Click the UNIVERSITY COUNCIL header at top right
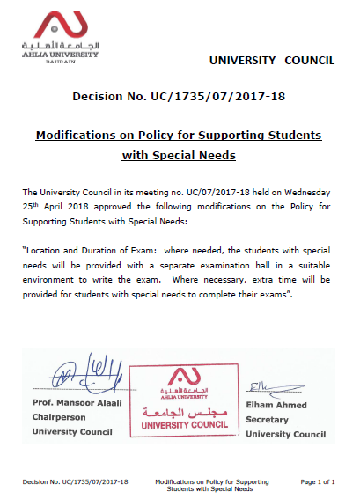click(271, 60)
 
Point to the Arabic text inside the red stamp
click(187, 410)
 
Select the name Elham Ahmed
click(276, 406)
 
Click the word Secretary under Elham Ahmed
click(268, 420)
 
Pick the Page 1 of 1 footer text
click(319, 482)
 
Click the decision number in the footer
click(76, 482)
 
